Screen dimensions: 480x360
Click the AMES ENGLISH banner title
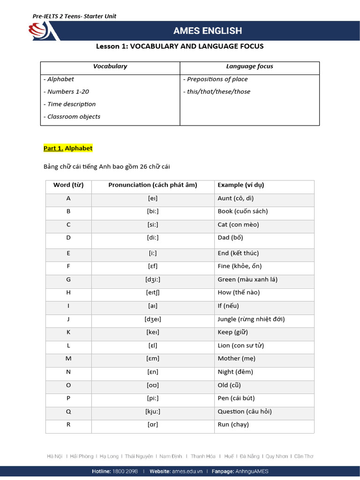pos(208,31)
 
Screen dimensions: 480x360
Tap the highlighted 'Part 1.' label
pos(53,148)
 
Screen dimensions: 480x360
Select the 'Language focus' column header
pos(249,67)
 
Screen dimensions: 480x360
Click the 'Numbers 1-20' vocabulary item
pos(68,91)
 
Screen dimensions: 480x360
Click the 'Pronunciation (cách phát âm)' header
pos(153,185)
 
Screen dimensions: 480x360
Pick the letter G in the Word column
pos(68,279)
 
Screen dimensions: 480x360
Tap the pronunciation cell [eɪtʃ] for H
pos(153,292)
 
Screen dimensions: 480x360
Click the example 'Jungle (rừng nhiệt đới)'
pos(251,319)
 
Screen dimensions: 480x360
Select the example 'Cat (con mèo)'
pos(238,225)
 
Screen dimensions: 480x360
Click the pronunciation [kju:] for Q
pos(153,412)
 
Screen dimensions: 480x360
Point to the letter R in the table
pos(68,425)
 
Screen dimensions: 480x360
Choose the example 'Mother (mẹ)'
pos(237,359)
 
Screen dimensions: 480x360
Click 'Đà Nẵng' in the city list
pos(250,456)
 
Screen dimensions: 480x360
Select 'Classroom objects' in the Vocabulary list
pos(74,117)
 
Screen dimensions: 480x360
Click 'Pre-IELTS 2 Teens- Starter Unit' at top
pos(75,16)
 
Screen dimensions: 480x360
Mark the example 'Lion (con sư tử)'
pos(241,345)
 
